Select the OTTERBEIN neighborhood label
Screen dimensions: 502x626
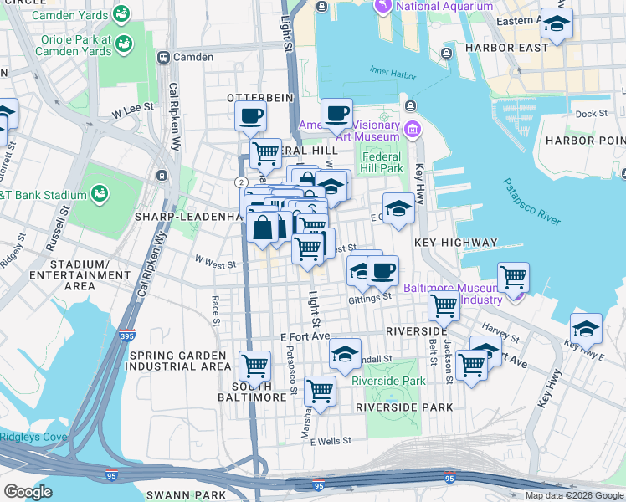pos(260,97)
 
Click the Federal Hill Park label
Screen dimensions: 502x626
pos(382,162)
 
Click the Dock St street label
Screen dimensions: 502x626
pos(591,114)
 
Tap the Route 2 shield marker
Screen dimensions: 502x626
pos(241,182)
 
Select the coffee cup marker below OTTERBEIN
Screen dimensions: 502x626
pos(250,115)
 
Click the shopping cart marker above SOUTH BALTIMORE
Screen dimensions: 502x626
pos(254,365)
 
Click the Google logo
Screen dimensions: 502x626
pos(28,492)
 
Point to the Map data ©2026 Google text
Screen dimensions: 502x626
pos(573,495)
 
